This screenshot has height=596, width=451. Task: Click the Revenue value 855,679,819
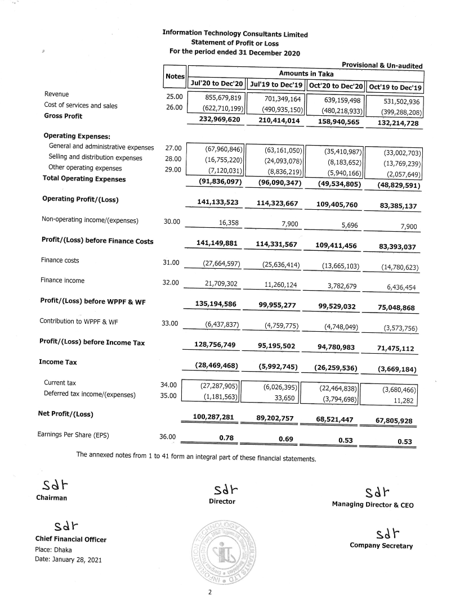(x=217, y=97)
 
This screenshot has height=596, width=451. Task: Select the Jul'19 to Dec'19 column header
(x=276, y=84)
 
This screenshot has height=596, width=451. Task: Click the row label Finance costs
(x=60, y=260)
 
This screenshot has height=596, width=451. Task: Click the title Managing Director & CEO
(x=373, y=505)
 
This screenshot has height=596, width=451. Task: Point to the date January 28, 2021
(x=69, y=561)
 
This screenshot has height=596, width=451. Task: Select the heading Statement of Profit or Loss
(x=234, y=43)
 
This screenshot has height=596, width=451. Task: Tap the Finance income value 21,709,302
(x=218, y=285)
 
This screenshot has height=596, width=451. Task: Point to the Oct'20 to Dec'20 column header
(x=335, y=85)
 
